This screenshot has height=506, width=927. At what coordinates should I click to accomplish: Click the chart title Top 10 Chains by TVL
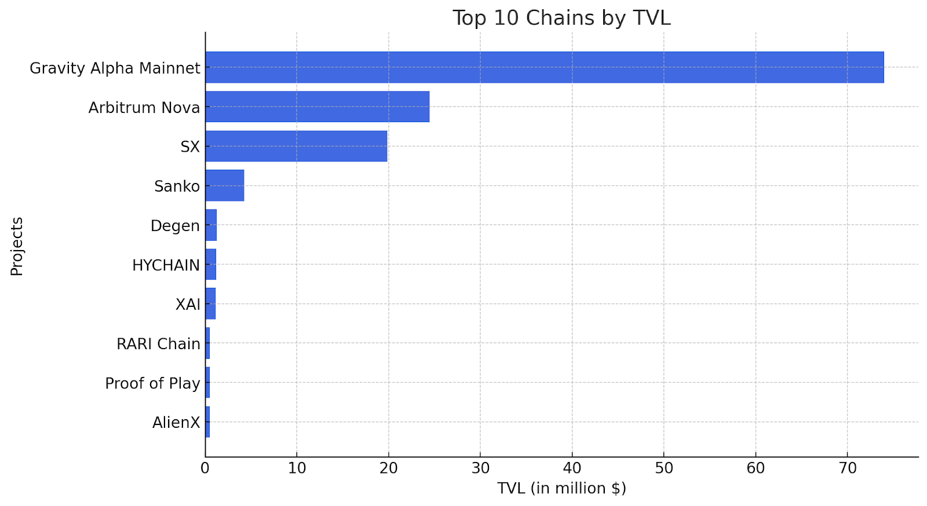tap(561, 18)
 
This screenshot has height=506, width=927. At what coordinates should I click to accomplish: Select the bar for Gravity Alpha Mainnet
tap(545, 67)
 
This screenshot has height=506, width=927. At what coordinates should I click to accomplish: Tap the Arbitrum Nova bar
tap(317, 107)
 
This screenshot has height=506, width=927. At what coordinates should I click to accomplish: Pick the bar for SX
tap(296, 146)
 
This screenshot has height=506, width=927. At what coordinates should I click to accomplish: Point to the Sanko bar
tap(225, 186)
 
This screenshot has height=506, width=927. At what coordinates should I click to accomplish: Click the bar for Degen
tap(211, 225)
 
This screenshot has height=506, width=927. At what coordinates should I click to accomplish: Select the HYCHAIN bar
tap(211, 265)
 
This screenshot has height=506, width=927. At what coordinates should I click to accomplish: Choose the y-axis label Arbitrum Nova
tap(144, 108)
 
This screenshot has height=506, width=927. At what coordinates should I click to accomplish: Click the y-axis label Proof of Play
tap(152, 384)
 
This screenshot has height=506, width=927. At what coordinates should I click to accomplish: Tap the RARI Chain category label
tap(158, 344)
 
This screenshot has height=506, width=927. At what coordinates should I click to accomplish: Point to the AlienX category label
tap(176, 423)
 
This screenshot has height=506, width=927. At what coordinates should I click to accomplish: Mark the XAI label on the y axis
tap(188, 305)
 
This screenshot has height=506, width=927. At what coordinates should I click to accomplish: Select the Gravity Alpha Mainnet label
tap(115, 68)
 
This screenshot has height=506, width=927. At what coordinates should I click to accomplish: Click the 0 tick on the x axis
tap(205, 468)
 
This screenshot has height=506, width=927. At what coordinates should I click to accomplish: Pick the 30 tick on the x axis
tap(480, 468)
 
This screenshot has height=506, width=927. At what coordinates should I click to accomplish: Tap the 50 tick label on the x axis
tap(664, 468)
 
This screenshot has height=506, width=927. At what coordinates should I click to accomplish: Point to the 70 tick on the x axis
tap(847, 468)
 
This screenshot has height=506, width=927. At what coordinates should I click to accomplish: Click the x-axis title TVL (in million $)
tap(561, 488)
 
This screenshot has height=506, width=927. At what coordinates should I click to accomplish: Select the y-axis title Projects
tap(17, 247)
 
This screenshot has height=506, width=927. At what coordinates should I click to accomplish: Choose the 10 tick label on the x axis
tap(297, 468)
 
